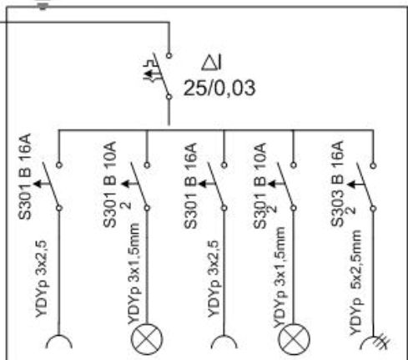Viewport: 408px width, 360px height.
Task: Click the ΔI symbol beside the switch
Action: tap(212, 63)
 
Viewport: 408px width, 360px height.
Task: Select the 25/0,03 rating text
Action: tap(219, 88)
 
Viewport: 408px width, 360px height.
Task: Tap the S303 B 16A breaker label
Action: tap(337, 184)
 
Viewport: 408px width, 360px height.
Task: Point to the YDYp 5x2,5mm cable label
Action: tap(355, 282)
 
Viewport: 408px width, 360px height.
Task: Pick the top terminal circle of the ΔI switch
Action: tap(169, 55)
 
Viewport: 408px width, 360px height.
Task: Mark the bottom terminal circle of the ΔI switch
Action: tap(169, 97)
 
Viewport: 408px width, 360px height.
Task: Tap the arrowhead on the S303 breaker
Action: tap(351, 185)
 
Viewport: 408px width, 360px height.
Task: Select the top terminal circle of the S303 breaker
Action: tap(373, 165)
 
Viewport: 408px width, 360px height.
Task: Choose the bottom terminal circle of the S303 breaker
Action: tap(373, 209)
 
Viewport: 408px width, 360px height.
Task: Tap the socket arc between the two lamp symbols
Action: tap(224, 337)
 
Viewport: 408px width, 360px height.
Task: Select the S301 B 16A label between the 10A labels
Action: tap(191, 185)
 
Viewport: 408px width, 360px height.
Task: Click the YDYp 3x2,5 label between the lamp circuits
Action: tap(214, 279)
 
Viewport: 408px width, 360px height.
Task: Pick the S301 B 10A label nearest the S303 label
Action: tap(260, 185)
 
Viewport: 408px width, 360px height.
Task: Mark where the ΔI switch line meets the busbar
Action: tap(169, 129)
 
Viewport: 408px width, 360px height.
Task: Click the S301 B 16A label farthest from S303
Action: tap(25, 177)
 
